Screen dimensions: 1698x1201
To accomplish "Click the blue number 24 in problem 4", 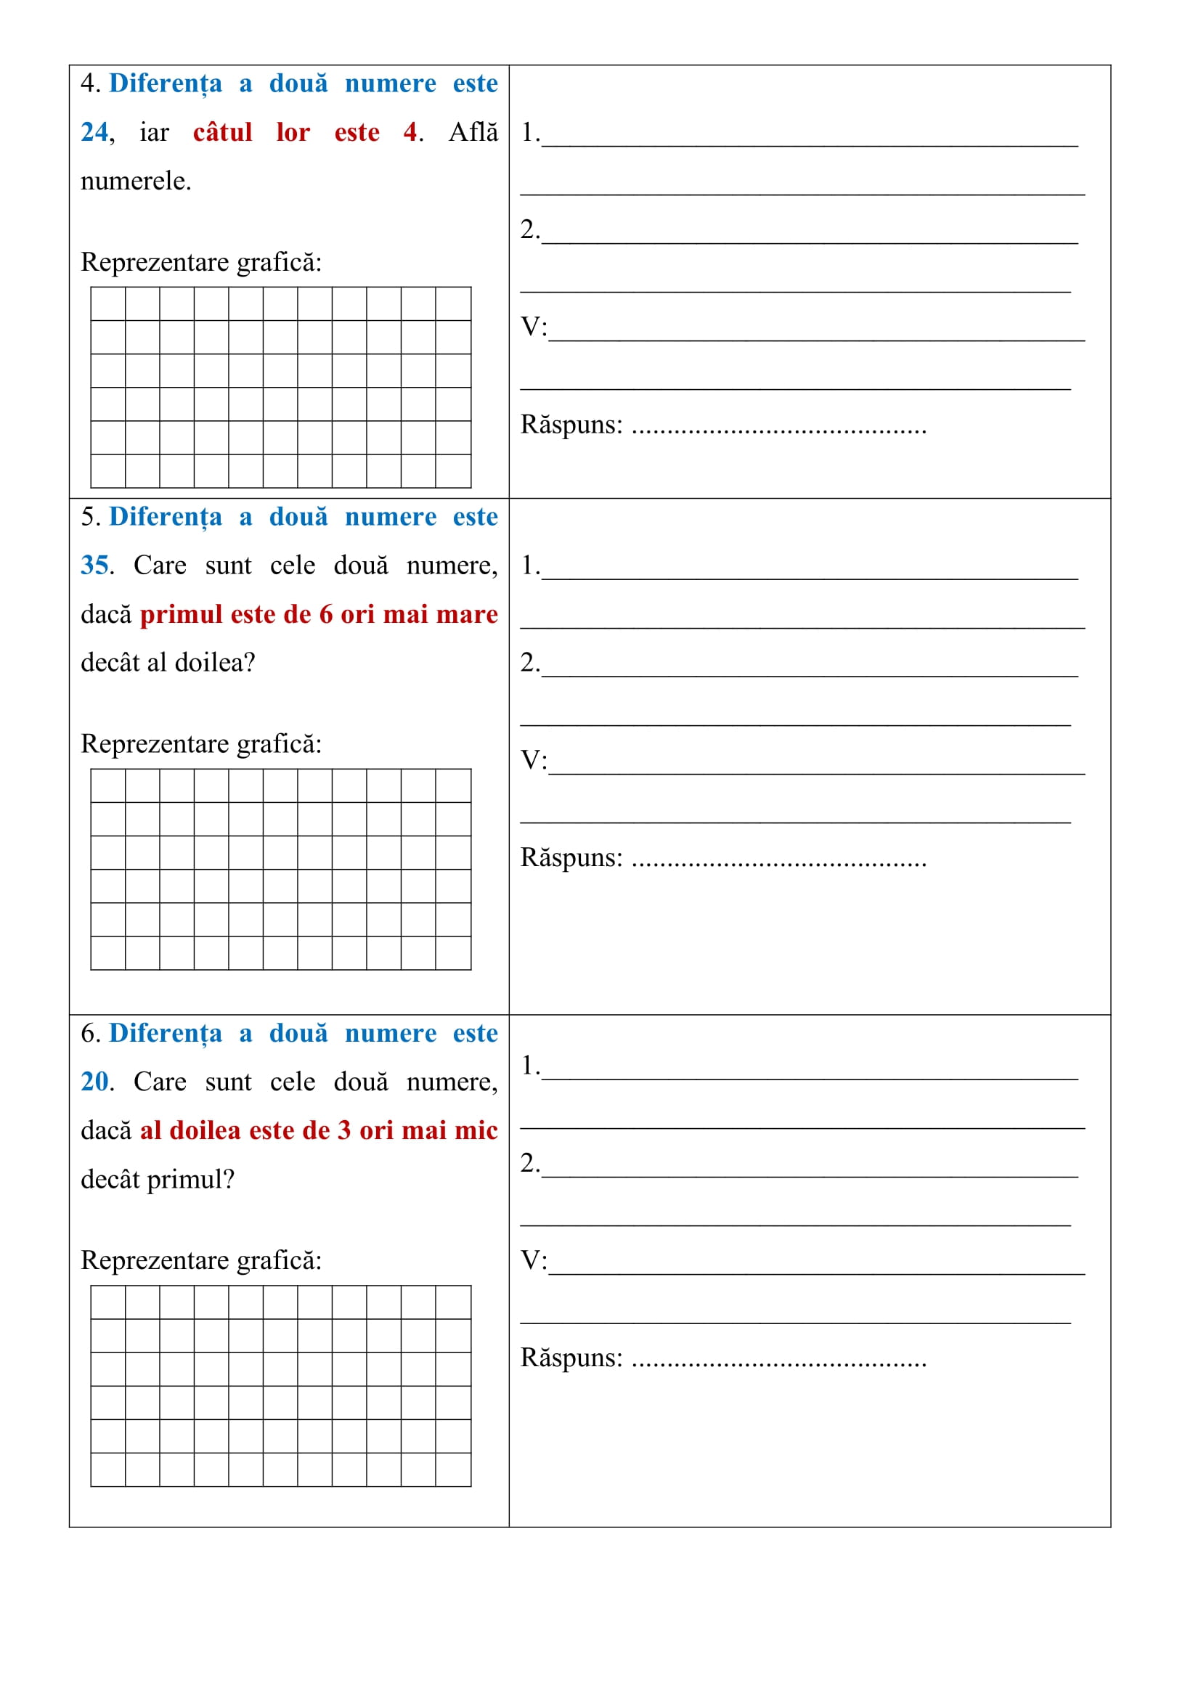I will point(94,132).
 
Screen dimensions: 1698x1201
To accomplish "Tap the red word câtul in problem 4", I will point(223,132).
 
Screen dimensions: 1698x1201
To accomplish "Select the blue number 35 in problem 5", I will point(94,566).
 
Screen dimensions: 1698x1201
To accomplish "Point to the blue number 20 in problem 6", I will point(94,1082).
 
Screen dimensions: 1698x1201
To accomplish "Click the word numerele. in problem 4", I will point(136,181).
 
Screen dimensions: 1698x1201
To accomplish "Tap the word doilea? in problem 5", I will point(215,663).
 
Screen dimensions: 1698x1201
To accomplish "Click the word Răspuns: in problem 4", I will point(571,425).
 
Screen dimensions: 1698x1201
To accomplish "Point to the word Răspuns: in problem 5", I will point(571,858).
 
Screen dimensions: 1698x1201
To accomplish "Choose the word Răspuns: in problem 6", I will point(571,1358).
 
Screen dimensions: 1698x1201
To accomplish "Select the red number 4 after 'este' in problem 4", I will point(410,132).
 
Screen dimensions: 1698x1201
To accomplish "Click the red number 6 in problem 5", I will point(325,615).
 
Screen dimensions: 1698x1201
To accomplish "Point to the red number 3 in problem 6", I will point(344,1131).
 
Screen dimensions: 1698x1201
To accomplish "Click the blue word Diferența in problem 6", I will point(165,1034).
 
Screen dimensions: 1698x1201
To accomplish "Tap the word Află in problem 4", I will point(473,132).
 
